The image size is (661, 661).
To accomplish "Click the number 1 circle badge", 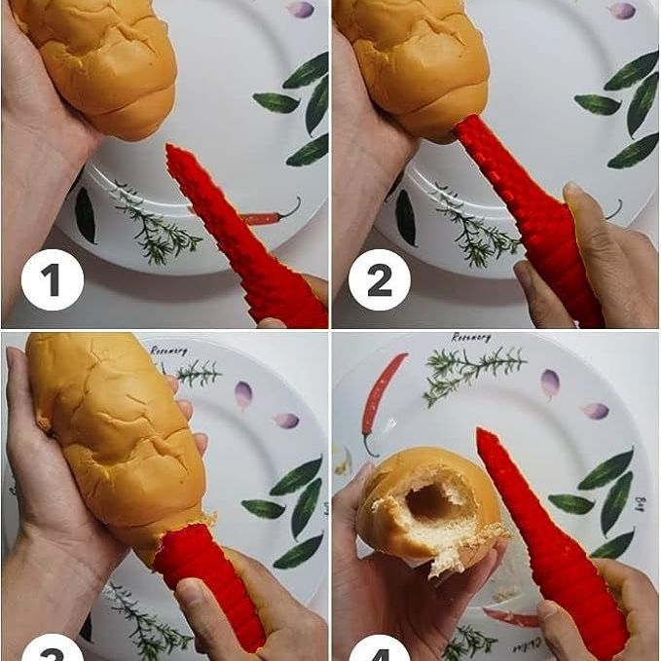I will click(52, 279).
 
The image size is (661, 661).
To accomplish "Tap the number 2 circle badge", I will click(380, 279).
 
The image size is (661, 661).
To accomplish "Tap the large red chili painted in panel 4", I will click(383, 394).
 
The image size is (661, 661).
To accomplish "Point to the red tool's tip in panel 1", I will click(172, 150).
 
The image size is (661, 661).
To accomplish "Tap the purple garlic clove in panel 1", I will click(302, 9).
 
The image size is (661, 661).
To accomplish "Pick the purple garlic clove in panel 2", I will click(622, 11).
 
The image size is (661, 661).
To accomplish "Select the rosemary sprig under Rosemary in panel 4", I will click(472, 371).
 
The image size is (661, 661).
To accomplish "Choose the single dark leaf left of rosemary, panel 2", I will click(405, 217).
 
